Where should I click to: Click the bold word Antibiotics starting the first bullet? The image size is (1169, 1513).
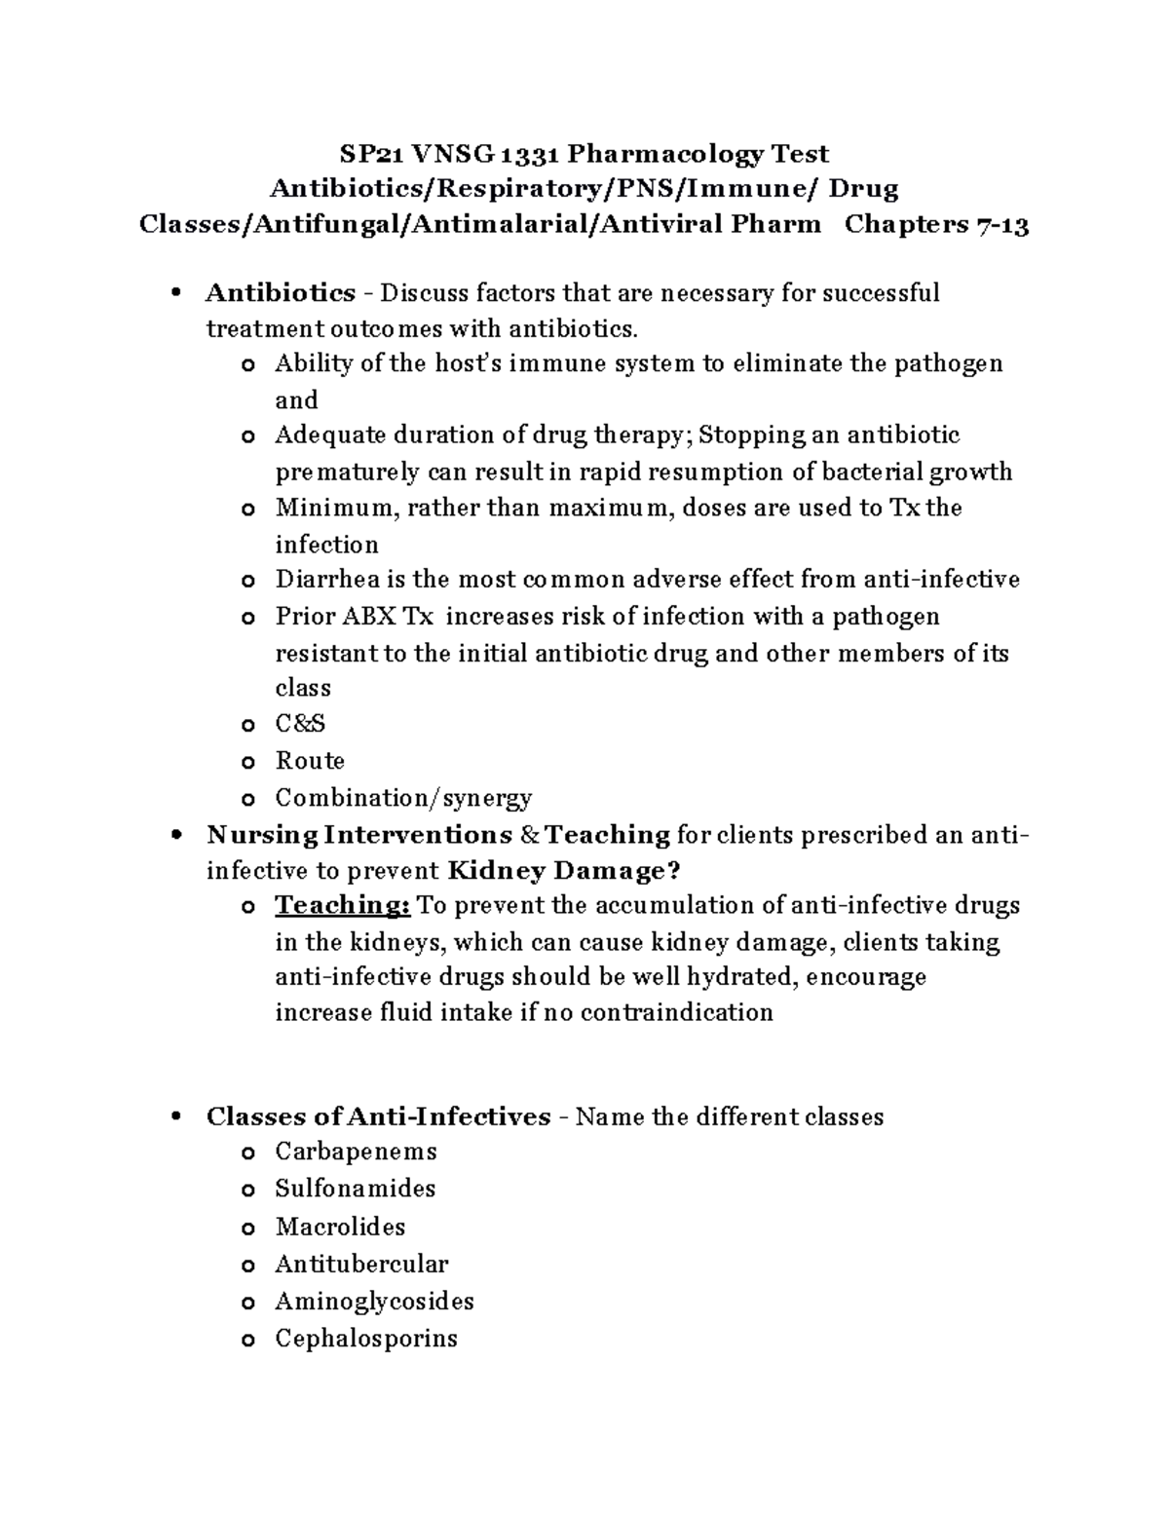tap(281, 292)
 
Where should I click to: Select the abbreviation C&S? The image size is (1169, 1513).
tap(300, 724)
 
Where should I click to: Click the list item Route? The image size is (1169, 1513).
tap(310, 761)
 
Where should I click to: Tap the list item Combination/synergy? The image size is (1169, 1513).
tap(403, 798)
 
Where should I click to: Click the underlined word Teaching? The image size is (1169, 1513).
tap(343, 905)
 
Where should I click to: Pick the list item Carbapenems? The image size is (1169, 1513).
tap(356, 1152)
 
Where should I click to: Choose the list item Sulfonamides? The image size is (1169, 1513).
tap(355, 1189)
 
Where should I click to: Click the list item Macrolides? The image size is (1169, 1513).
tap(340, 1227)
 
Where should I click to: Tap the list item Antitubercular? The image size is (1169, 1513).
tap(361, 1265)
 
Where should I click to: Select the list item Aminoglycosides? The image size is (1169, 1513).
tap(374, 1302)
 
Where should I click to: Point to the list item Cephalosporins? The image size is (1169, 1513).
tap(366, 1339)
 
